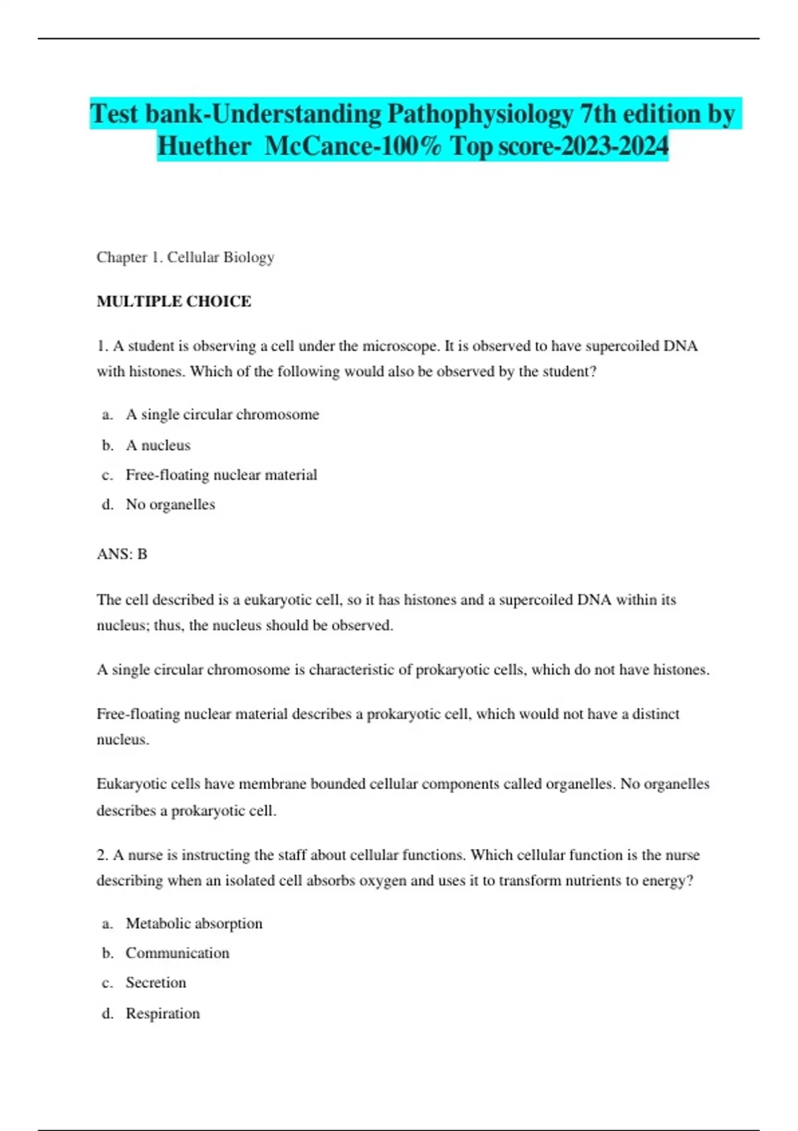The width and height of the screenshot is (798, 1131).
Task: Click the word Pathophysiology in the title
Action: (479, 114)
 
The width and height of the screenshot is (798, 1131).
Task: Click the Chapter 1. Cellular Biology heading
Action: (186, 257)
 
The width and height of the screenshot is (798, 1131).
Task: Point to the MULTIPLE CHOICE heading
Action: (174, 301)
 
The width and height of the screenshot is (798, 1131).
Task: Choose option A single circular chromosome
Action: (222, 414)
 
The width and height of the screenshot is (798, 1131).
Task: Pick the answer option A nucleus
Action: (158, 445)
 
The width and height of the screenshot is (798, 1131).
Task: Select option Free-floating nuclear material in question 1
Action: (221, 475)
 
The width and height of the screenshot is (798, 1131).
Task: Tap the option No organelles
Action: (170, 504)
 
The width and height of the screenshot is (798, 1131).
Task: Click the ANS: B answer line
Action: (122, 554)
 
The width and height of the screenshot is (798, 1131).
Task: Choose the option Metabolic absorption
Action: (194, 923)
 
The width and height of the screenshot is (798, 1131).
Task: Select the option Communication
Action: (177, 953)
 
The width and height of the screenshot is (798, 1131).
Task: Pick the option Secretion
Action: (156, 983)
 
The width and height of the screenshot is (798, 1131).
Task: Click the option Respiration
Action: (162, 1013)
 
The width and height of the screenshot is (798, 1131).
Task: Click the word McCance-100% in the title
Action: (353, 146)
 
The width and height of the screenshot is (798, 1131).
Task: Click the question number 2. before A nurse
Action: (102, 855)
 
